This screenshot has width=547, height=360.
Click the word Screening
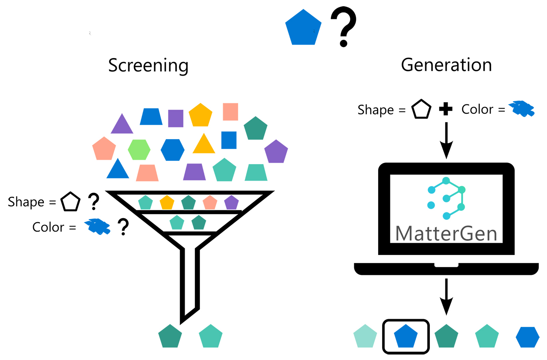pos(148,65)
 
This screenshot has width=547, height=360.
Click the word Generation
pos(446,65)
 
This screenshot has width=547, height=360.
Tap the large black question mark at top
pos(344,26)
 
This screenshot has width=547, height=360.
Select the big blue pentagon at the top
pos(303,29)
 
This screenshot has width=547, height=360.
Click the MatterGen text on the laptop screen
pos(446,234)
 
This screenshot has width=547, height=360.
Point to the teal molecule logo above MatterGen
pos(446,198)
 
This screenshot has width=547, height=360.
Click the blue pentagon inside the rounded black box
pos(406,336)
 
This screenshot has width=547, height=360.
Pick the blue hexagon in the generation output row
pos(527,337)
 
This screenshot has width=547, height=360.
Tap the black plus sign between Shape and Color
pos(445,109)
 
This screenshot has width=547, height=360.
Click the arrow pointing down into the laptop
pos(446,140)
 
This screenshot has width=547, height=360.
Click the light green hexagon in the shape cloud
pos(139,150)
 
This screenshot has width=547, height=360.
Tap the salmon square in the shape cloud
pos(230,112)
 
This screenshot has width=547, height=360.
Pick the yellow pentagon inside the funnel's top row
pos(167,203)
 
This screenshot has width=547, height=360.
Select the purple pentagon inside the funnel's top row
pos(231,203)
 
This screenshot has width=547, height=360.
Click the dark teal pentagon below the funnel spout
pos(170,337)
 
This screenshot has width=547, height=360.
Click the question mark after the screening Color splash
pos(123,227)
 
